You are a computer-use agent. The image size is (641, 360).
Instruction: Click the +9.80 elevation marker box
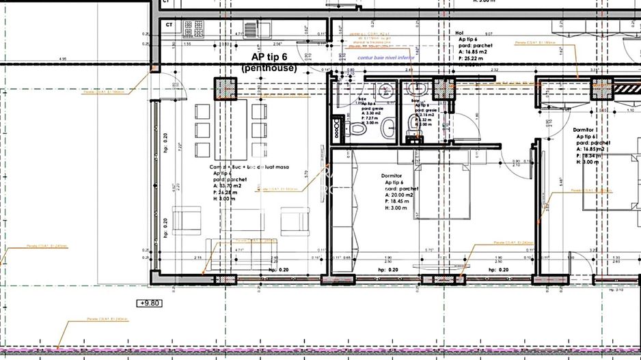click(x=150, y=303)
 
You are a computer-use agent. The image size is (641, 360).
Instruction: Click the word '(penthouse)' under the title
click(x=269, y=68)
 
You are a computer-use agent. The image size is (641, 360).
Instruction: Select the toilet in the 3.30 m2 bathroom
click(x=358, y=130)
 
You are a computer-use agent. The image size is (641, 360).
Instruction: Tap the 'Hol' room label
click(x=460, y=32)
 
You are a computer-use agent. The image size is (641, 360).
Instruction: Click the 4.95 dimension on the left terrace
click(x=63, y=59)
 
